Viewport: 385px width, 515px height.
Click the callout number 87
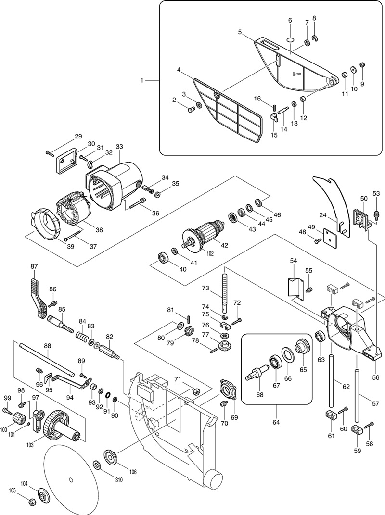coord(34,267)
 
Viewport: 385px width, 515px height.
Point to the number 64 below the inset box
coord(276,422)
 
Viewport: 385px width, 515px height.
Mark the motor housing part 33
coord(115,186)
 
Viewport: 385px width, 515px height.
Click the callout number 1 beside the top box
coord(141,80)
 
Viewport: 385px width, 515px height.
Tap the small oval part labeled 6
coord(290,40)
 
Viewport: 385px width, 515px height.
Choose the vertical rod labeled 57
coord(357,396)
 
